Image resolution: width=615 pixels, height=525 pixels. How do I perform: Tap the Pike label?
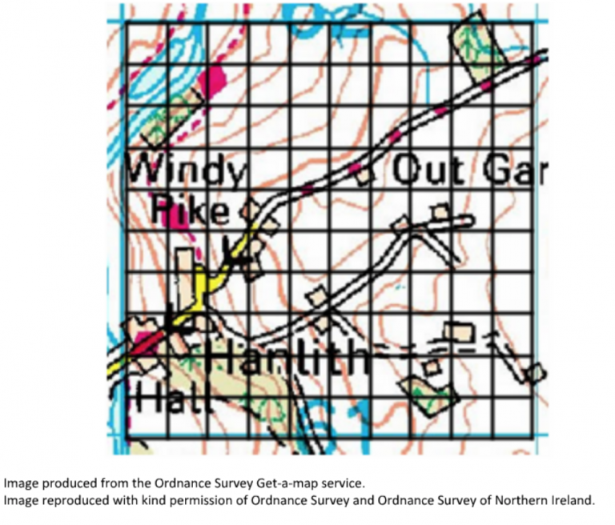pyautogui.click(x=191, y=210)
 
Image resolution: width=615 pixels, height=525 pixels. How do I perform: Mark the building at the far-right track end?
pyautogui.click(x=534, y=372)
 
